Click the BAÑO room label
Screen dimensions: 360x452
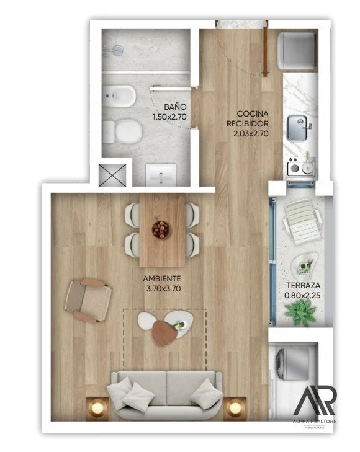(175, 107)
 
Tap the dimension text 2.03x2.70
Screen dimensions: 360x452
(251, 133)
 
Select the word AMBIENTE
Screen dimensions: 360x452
(162, 279)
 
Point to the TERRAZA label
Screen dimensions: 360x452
(303, 285)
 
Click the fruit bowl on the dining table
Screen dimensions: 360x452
(161, 229)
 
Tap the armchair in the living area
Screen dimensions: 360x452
(88, 301)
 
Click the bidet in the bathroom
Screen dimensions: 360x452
(119, 95)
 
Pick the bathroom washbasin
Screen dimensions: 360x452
(161, 175)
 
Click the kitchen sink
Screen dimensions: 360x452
(298, 128)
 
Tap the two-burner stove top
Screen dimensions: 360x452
(301, 167)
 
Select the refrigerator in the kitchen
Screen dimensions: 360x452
(297, 51)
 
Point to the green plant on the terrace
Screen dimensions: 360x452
(300, 312)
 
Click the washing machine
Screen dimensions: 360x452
(293, 363)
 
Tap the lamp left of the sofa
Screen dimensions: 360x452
(97, 408)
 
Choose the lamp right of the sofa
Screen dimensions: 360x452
(235, 408)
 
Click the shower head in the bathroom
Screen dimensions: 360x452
(117, 50)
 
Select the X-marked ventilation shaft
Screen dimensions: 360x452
(112, 175)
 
